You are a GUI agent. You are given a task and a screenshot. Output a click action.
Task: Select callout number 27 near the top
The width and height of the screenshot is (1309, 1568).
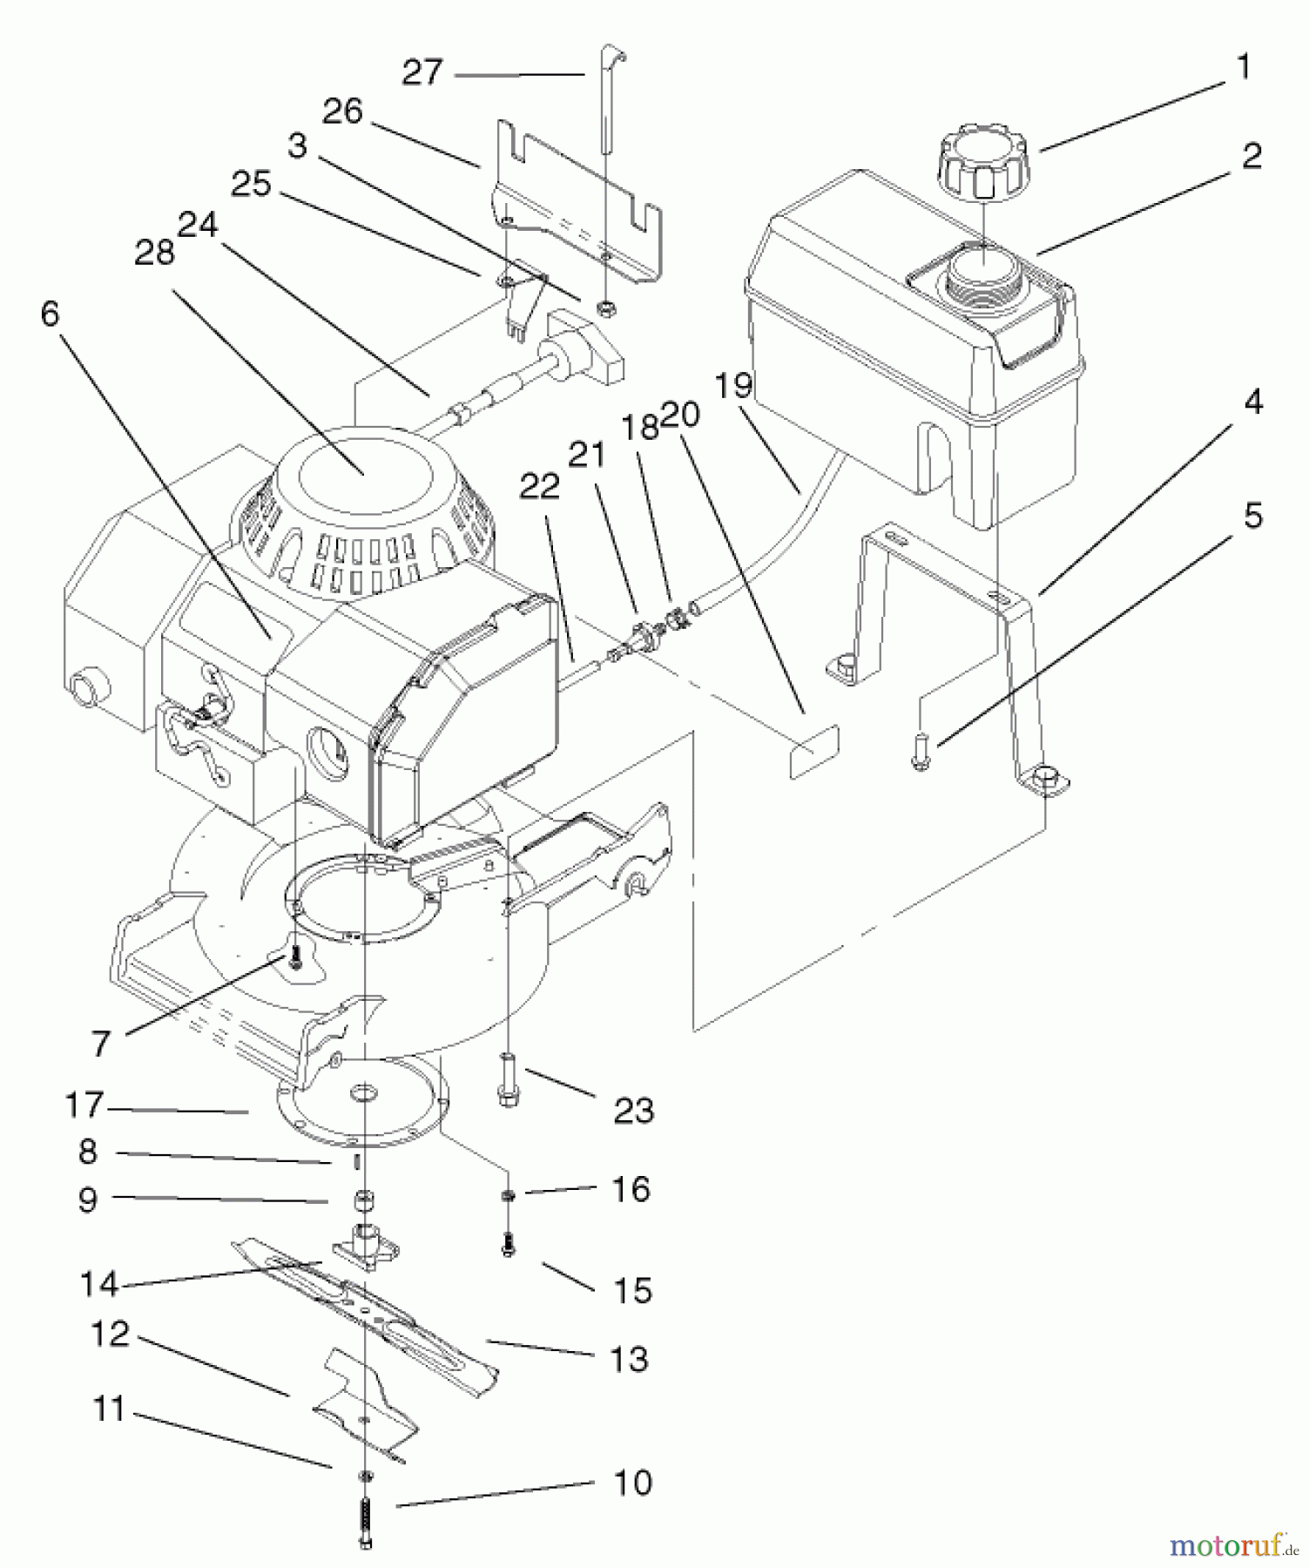pyautogui.click(x=422, y=72)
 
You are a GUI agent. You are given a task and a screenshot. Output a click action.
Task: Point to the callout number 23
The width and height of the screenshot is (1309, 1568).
pyautogui.click(x=633, y=1111)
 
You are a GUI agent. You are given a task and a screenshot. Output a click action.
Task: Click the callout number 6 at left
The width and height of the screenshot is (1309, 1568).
pyautogui.click(x=50, y=314)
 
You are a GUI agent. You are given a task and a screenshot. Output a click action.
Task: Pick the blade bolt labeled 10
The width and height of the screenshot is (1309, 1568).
pyautogui.click(x=366, y=1519)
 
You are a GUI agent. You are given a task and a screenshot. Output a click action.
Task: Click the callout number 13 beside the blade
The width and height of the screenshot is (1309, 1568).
pyautogui.click(x=630, y=1358)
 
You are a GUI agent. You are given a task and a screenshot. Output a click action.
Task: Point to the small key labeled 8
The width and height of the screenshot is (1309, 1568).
pyautogui.click(x=356, y=1162)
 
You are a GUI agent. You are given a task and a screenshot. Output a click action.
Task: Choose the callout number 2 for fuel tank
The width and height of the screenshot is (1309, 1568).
pyautogui.click(x=1251, y=157)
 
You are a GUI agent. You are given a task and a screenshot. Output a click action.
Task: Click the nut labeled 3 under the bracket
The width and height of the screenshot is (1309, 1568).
pyautogui.click(x=604, y=307)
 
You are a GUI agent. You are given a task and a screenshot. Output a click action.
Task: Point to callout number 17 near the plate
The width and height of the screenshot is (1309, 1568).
pyautogui.click(x=84, y=1105)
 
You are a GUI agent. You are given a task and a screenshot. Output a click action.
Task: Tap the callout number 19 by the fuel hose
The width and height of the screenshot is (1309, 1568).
pyautogui.click(x=733, y=384)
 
